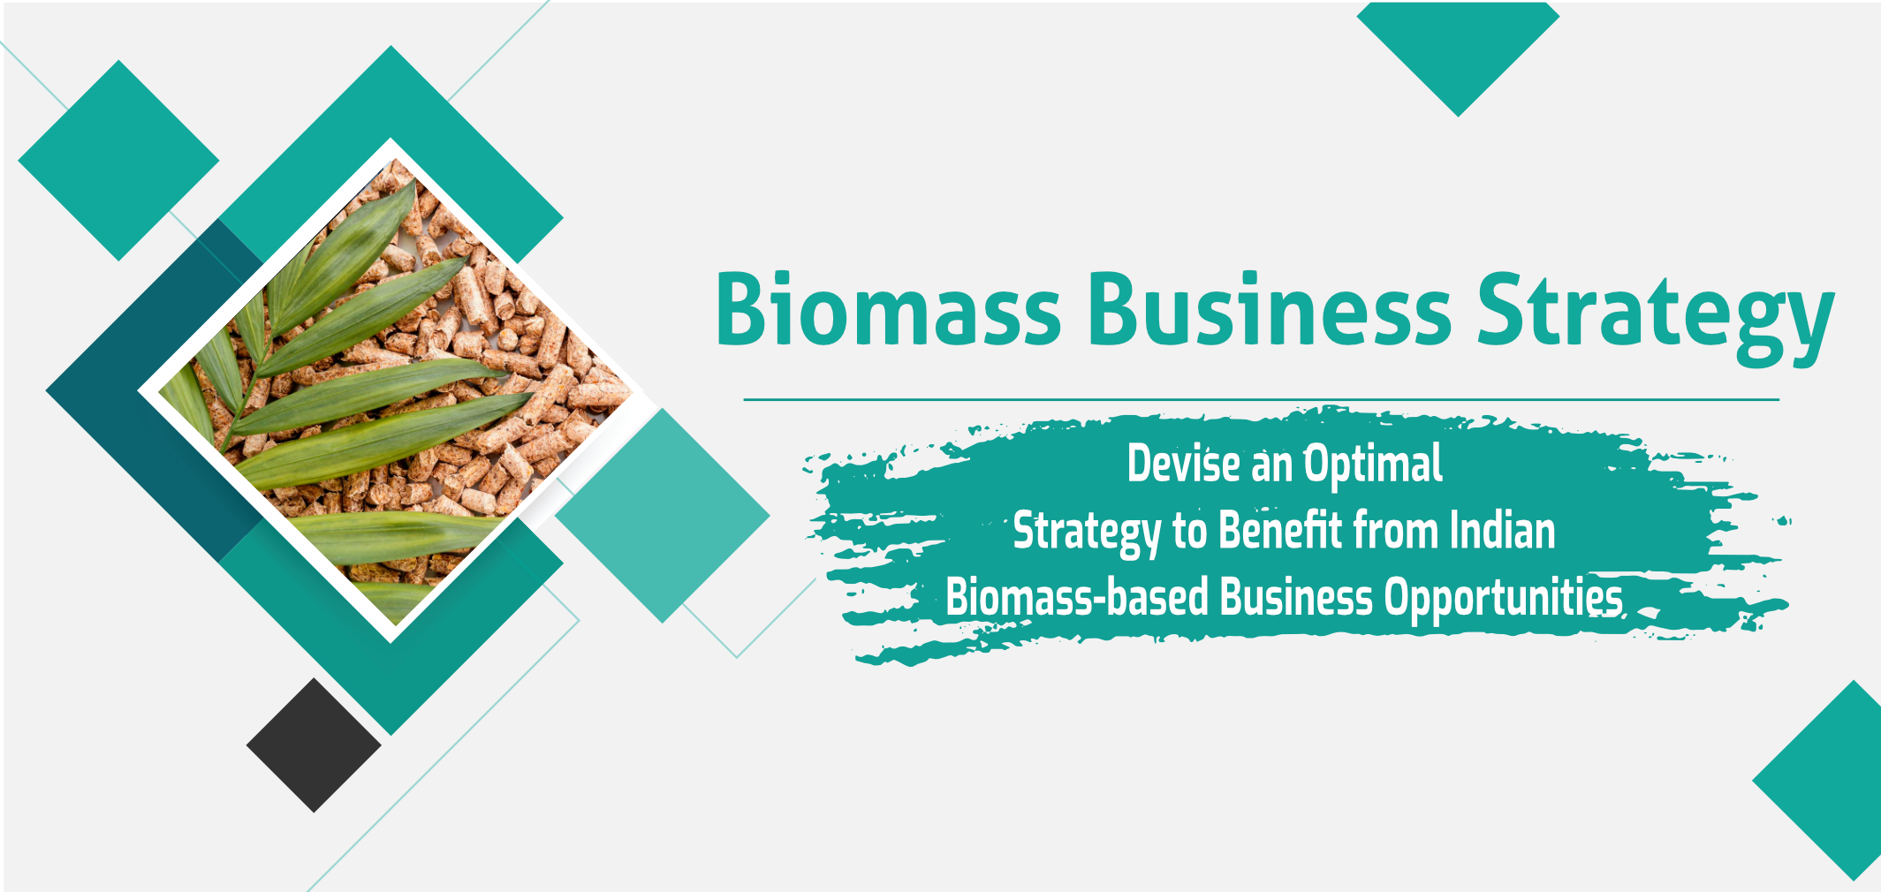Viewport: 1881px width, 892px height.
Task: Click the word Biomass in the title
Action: pos(888,309)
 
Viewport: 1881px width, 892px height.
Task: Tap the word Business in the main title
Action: pos(1270,309)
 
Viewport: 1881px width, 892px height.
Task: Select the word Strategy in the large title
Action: pos(1656,318)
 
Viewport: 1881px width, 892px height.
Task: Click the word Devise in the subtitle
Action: pos(1183,464)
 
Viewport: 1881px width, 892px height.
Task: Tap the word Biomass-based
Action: pos(1077,597)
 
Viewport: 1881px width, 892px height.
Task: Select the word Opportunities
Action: pos(1504,599)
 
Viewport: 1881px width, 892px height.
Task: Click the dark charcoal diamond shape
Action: pos(314,745)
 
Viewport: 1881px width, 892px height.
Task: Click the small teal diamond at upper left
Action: pos(118,160)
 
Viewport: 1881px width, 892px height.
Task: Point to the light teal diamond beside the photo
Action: pos(662,515)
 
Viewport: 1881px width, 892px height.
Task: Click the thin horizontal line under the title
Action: pos(1261,399)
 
